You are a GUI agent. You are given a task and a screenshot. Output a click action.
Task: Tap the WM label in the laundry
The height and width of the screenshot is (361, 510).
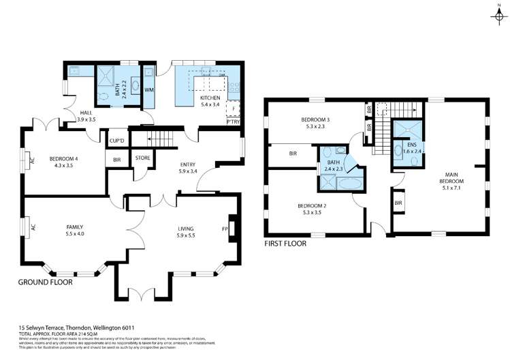click(148, 89)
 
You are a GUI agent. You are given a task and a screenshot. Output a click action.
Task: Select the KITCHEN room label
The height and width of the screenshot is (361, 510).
click(210, 98)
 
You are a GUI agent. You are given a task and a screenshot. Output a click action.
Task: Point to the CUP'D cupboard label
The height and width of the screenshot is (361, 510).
click(116, 141)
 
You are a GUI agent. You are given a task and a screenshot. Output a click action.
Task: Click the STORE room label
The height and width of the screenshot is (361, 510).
click(142, 158)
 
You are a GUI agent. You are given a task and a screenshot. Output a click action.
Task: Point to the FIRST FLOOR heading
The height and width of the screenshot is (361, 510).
click(285, 243)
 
